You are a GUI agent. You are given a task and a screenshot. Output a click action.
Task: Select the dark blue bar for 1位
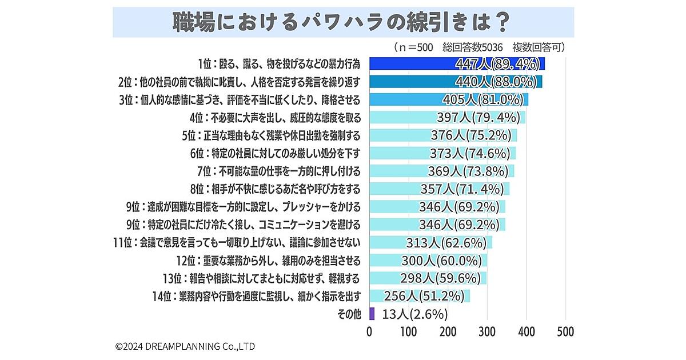[412, 63]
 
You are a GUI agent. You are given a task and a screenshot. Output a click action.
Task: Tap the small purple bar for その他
[372, 313]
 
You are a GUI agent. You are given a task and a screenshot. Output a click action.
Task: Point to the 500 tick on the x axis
[565, 331]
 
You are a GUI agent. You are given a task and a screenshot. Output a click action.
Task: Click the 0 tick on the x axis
[370, 331]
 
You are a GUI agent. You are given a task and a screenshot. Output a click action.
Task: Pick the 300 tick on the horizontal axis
[487, 331]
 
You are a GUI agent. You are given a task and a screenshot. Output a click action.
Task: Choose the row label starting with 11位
[237, 242]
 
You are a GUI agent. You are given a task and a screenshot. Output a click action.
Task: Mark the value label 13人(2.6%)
[414, 314]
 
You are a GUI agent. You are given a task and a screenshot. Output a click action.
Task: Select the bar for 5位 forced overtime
[400, 135]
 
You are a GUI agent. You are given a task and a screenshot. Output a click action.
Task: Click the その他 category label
[348, 314]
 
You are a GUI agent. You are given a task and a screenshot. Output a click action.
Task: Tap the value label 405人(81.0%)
[484, 99]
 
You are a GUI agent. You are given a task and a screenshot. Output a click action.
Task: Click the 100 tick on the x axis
[409, 331]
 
